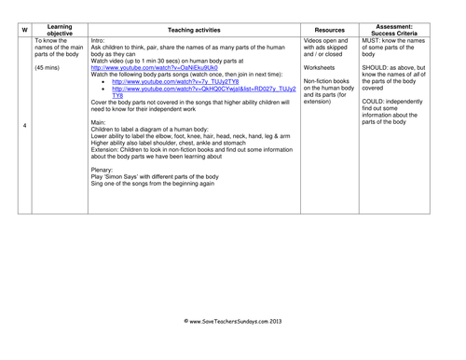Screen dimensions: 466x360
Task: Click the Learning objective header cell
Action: [x=60, y=28]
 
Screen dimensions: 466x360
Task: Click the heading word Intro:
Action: [x=100, y=41]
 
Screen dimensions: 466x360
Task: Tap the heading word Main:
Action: [x=100, y=122]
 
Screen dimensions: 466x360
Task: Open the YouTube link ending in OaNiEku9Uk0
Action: [x=154, y=68]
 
